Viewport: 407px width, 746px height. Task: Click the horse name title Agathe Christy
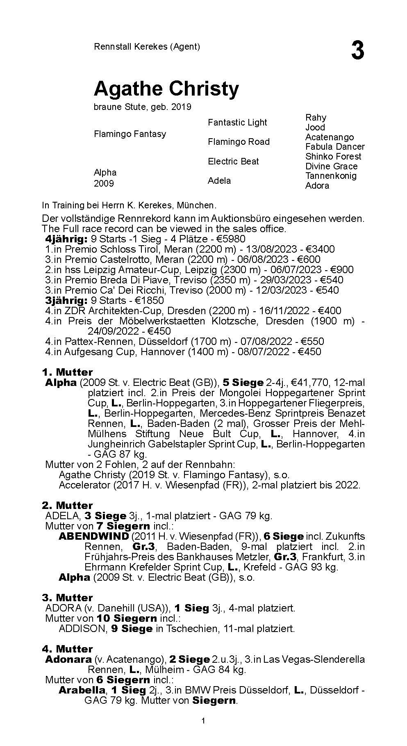[x=166, y=89]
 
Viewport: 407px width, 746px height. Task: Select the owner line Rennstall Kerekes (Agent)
[x=147, y=46]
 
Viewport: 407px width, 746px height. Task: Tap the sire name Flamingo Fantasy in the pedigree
[x=130, y=134]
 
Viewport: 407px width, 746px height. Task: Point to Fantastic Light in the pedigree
[x=237, y=123]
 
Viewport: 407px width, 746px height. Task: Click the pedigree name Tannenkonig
[x=331, y=176]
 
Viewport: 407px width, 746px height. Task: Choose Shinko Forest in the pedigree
[x=333, y=156]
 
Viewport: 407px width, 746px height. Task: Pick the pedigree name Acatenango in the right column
[x=329, y=137]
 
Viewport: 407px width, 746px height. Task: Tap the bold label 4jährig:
[x=66, y=239]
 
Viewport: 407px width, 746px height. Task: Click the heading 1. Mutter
[x=67, y=372]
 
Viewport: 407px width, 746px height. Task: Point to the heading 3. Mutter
[x=67, y=598]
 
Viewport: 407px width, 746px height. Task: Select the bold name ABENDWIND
[x=94, y=536]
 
